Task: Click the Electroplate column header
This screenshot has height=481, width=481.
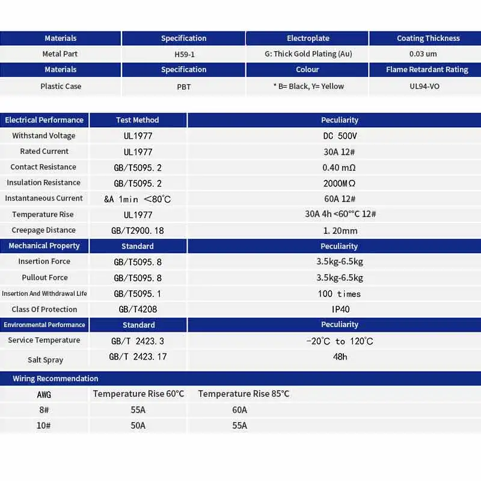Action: [x=308, y=38]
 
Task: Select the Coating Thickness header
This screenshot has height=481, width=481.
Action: [x=428, y=38]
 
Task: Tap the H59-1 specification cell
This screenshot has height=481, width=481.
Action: [x=183, y=54]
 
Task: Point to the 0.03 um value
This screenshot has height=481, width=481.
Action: [x=423, y=54]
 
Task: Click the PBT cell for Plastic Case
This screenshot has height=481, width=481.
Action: [x=184, y=87]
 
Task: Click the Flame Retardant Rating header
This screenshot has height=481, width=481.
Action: [x=427, y=70]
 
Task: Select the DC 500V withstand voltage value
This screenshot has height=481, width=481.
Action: [x=340, y=136]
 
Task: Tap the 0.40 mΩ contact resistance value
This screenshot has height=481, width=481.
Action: [x=340, y=167]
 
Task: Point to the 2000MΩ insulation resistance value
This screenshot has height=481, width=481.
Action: [x=340, y=183]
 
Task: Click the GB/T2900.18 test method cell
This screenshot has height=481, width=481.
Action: [x=138, y=230]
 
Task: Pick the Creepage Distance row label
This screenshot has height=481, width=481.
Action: [x=44, y=230]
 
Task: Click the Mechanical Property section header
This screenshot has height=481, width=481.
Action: [x=44, y=246]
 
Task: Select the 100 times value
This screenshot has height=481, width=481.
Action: [x=340, y=294]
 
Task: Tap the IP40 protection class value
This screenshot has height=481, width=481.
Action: [x=340, y=310]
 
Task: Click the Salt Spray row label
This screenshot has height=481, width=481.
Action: [x=45, y=360]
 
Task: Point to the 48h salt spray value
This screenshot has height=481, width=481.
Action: [x=340, y=357]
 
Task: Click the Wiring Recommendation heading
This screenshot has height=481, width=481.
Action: [x=55, y=379]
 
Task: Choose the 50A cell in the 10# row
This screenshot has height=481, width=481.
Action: [x=138, y=426]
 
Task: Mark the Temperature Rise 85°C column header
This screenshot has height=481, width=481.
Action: [x=244, y=394]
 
